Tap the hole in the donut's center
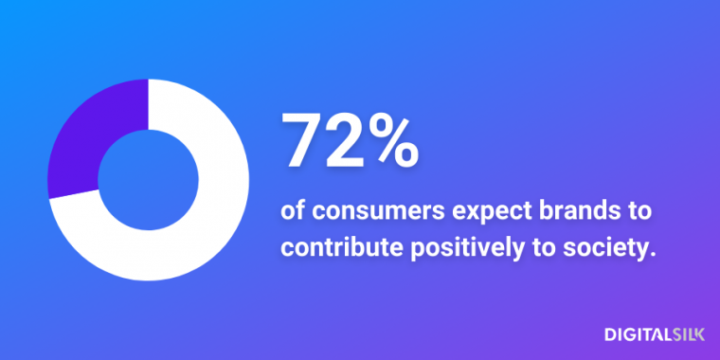149,180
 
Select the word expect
454,210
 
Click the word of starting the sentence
293,209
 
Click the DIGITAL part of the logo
635,333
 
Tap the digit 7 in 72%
303,140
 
